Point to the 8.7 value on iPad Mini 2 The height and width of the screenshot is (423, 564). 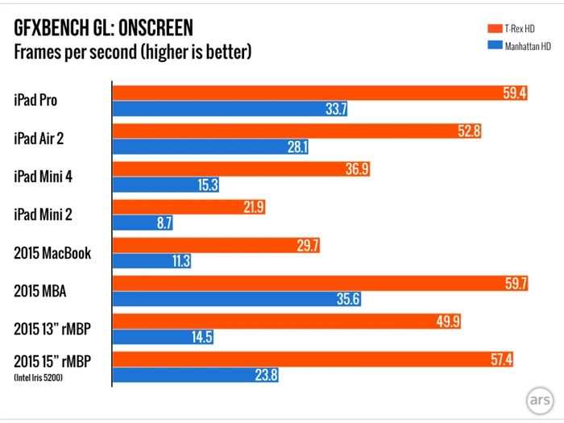click(x=164, y=223)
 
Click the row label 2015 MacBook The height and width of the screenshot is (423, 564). click(x=52, y=253)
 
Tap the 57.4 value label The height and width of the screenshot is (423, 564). click(x=503, y=359)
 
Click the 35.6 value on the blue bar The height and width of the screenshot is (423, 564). click(x=347, y=299)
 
